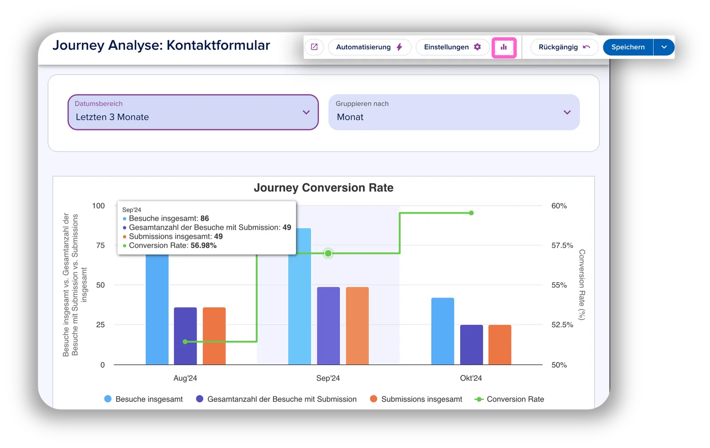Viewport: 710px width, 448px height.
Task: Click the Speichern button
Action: click(x=627, y=47)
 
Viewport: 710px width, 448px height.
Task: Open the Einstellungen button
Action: click(x=452, y=47)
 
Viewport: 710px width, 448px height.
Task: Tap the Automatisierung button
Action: click(x=369, y=47)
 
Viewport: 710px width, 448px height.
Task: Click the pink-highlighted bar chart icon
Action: click(x=504, y=47)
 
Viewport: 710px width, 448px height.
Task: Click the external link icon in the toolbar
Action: click(x=314, y=47)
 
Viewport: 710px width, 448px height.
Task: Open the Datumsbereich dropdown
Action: click(x=193, y=112)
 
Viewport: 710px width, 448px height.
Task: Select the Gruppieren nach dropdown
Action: click(x=454, y=112)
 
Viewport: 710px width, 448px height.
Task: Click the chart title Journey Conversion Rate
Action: click(x=323, y=188)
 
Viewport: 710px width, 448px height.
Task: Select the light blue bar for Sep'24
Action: click(x=300, y=296)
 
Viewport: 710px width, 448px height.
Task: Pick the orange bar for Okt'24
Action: click(x=500, y=345)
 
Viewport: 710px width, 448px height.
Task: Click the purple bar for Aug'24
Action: click(x=185, y=336)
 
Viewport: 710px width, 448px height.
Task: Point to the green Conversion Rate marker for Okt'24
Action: click(x=471, y=213)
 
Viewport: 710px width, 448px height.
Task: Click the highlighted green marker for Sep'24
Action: click(x=328, y=253)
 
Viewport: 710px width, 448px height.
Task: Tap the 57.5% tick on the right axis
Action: click(x=562, y=246)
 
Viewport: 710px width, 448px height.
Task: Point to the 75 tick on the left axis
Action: click(x=100, y=246)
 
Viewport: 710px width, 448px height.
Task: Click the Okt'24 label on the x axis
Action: click(x=471, y=378)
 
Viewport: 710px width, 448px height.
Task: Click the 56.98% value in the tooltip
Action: click(x=204, y=246)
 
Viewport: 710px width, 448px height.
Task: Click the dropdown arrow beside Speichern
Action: click(x=664, y=47)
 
